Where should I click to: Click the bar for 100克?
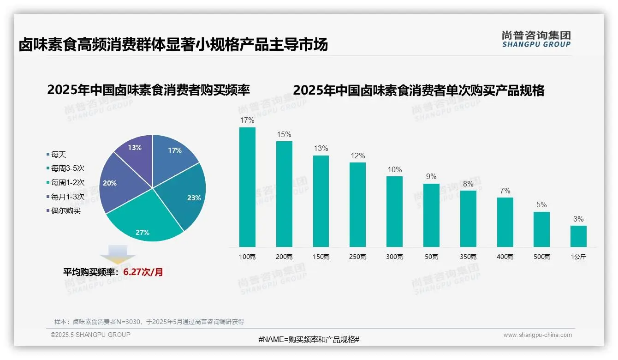(247, 187)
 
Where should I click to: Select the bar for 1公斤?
(578, 236)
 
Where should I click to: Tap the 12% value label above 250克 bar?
(357, 156)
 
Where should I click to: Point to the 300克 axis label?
(394, 257)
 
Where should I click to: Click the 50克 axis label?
(431, 257)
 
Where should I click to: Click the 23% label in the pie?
(194, 198)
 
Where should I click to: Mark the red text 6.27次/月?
(143, 272)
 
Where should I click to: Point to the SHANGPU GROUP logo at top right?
(536, 39)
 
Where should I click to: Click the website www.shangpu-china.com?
(537, 335)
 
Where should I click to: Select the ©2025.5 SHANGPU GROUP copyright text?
(90, 335)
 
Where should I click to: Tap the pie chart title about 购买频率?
(149, 90)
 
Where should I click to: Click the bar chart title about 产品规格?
(418, 90)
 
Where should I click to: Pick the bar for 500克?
(541, 229)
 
